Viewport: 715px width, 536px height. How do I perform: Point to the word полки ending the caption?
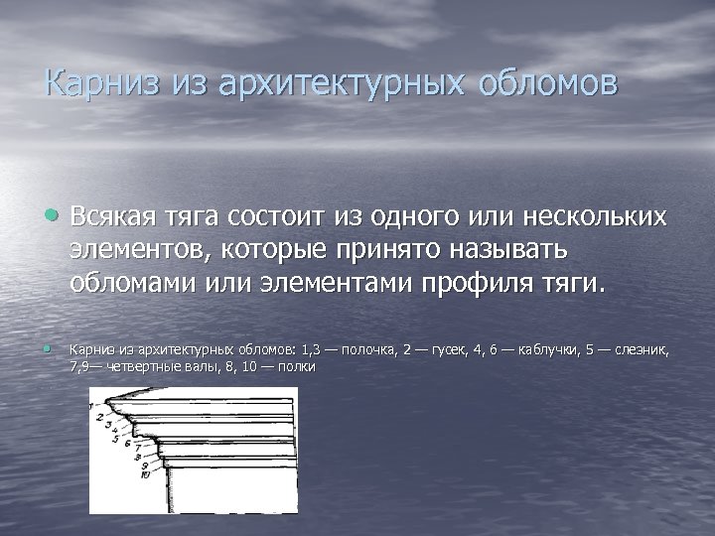tap(299, 367)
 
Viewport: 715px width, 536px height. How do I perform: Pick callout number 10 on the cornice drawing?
tap(146, 474)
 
